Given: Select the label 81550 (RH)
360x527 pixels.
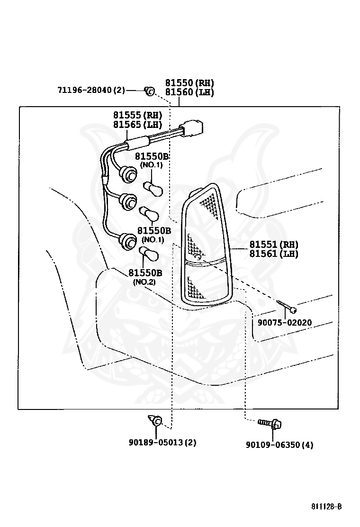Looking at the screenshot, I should [189, 82].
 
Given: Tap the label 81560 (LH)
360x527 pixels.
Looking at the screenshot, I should [189, 92].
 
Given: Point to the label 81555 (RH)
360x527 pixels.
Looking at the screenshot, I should [137, 115].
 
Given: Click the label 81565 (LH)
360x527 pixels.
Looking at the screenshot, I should [137, 125].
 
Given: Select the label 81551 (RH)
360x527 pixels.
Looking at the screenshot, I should [274, 245].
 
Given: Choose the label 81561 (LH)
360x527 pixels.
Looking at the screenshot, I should [274, 254].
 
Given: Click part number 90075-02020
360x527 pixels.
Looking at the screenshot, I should [285, 323].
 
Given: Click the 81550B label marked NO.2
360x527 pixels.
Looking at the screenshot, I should [145, 273].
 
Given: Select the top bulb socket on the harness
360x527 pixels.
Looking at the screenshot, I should [127, 174].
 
